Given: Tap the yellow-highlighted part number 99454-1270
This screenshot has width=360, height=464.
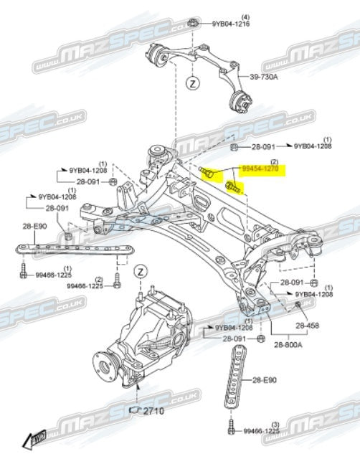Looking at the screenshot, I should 260,171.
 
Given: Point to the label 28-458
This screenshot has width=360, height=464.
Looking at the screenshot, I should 308,325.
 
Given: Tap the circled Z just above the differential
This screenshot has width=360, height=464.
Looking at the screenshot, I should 140,270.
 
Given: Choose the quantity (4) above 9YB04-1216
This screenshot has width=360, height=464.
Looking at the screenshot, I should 224,15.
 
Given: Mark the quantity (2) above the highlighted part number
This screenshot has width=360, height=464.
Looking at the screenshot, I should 273,163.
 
